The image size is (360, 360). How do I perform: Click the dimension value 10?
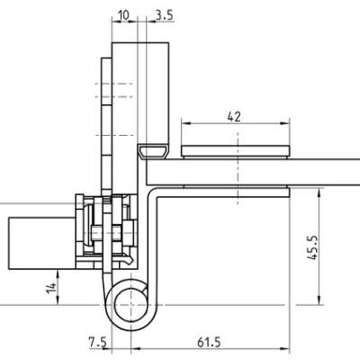pos(123,15)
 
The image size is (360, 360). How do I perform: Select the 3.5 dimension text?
pos(165,15)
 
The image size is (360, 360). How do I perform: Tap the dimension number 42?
pos(234,116)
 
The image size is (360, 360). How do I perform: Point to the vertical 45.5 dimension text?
pos(312,247)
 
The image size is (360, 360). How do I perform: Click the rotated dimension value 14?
pos(51,288)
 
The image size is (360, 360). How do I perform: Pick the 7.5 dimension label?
pos(98,342)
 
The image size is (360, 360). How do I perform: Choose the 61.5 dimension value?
pos(209,342)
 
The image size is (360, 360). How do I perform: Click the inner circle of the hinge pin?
pos(130,305)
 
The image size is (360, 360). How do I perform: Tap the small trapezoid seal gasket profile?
pos(153,152)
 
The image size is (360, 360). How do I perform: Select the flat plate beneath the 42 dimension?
pos(236,151)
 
